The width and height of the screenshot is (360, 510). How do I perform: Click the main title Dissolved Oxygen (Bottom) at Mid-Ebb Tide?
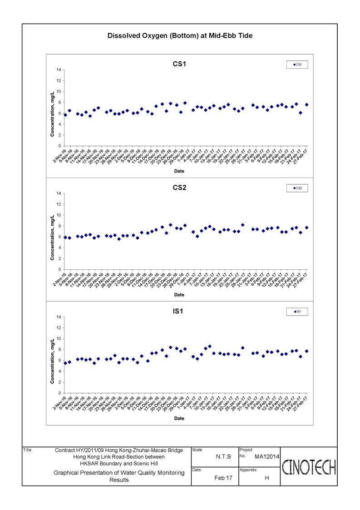(180, 35)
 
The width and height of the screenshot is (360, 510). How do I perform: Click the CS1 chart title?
(179, 64)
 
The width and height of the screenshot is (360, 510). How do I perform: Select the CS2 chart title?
(179, 188)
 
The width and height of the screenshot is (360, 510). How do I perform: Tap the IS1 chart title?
(179, 311)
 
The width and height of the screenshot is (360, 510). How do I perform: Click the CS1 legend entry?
(298, 65)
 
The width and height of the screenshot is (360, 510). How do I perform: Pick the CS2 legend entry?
(298, 188)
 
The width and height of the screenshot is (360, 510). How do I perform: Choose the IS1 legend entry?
(298, 312)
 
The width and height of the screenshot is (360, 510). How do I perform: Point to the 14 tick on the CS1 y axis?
(59, 70)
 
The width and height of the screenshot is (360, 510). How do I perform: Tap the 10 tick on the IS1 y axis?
(59, 339)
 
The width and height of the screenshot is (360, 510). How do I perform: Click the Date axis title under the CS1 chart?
(179, 171)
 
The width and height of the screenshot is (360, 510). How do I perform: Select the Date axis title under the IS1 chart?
(179, 418)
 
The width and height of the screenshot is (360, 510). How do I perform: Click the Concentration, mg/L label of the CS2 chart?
(53, 232)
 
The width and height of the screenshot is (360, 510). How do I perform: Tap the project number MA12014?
(266, 456)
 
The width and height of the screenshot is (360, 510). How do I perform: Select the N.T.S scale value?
(223, 456)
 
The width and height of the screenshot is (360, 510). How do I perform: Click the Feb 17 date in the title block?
(223, 478)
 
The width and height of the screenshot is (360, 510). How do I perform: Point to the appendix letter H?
(266, 478)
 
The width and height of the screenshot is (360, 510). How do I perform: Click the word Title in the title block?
(27, 450)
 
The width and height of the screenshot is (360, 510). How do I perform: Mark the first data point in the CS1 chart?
(65, 115)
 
